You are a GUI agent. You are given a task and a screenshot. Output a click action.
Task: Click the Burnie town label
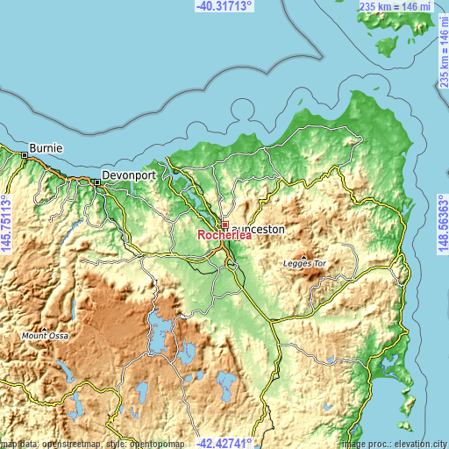[x=46, y=147]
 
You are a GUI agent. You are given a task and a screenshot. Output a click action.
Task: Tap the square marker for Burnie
[x=25, y=156]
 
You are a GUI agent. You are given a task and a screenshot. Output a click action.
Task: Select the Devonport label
[x=128, y=175]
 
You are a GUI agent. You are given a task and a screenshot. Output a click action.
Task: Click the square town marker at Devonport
[x=97, y=182]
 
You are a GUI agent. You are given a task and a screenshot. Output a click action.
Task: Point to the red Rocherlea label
[x=225, y=236]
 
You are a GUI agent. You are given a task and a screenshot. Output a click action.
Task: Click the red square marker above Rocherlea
[x=225, y=224]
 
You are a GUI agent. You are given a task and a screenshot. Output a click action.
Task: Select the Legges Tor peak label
[x=304, y=263]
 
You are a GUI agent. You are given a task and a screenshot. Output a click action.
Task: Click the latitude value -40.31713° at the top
[x=224, y=6]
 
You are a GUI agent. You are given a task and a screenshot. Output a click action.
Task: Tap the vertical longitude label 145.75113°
[x=6, y=224]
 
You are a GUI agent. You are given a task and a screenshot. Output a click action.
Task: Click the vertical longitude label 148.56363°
[x=443, y=224]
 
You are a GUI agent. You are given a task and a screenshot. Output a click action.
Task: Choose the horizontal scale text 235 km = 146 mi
[x=395, y=7]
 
